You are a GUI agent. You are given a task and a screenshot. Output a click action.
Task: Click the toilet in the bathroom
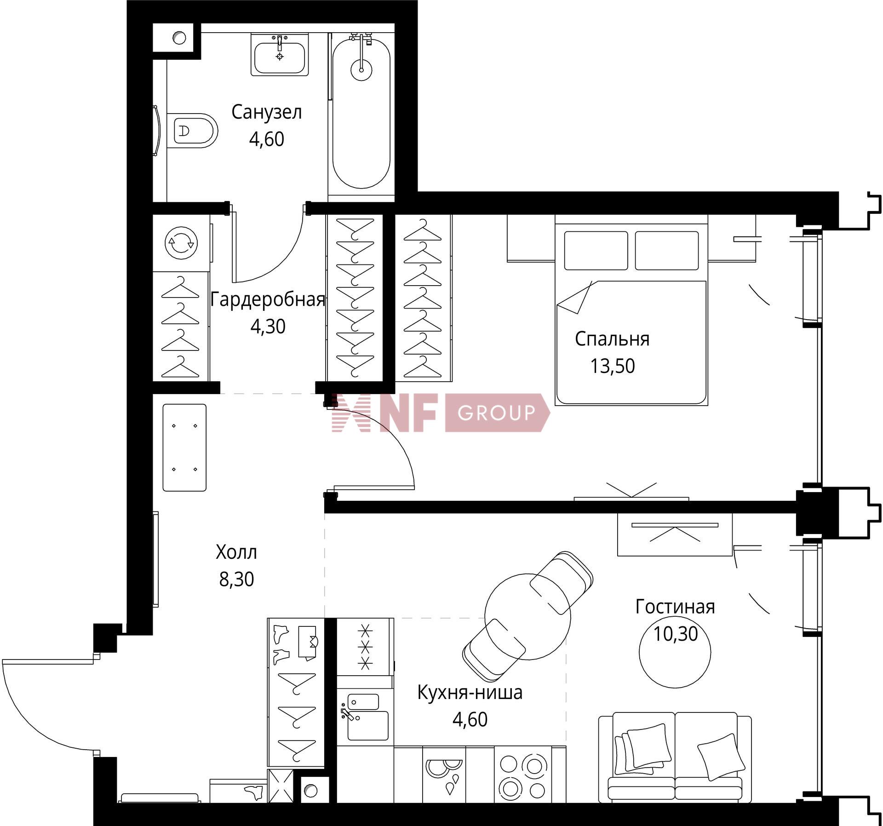[192, 131]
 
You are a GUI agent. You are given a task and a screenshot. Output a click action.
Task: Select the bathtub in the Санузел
[361, 113]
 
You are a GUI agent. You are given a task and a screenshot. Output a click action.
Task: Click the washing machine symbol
[181, 242]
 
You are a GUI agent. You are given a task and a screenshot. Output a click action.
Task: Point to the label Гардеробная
[268, 300]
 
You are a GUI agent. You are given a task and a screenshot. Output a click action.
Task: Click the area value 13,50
[612, 366]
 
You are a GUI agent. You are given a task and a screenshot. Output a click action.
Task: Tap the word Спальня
[612, 339]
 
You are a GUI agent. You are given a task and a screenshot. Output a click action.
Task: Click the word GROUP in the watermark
[496, 413]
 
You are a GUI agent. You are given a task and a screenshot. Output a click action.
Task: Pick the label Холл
[236, 552]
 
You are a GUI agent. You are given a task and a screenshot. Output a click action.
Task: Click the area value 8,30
[236, 579]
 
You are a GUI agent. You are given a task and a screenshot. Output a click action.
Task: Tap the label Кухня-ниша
[470, 692]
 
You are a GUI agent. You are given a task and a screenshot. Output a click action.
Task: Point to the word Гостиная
[675, 607]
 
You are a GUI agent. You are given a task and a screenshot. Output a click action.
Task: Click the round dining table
[528, 617]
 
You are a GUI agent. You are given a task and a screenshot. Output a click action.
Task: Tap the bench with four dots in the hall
[184, 447]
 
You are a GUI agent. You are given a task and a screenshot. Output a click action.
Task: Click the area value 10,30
[675, 634]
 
